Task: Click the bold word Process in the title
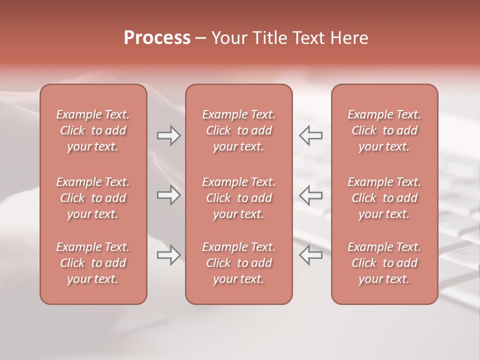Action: coord(157,38)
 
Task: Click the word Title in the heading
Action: coord(269,38)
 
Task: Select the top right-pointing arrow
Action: coord(168,135)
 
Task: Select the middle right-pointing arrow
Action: coord(168,195)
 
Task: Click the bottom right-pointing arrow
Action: coord(168,255)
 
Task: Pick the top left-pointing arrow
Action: coord(310,135)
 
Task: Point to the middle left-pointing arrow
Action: coord(310,195)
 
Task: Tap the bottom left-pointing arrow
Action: coord(310,255)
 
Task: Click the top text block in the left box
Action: coord(93,130)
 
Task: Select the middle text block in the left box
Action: coord(93,198)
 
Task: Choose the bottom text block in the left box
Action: coord(93,263)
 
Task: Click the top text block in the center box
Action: coord(238,130)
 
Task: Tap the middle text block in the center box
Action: coord(238,198)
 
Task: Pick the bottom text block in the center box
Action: coord(238,263)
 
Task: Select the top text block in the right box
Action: coord(384,130)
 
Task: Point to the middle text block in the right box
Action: coord(384,198)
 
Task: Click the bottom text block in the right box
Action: coord(384,263)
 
